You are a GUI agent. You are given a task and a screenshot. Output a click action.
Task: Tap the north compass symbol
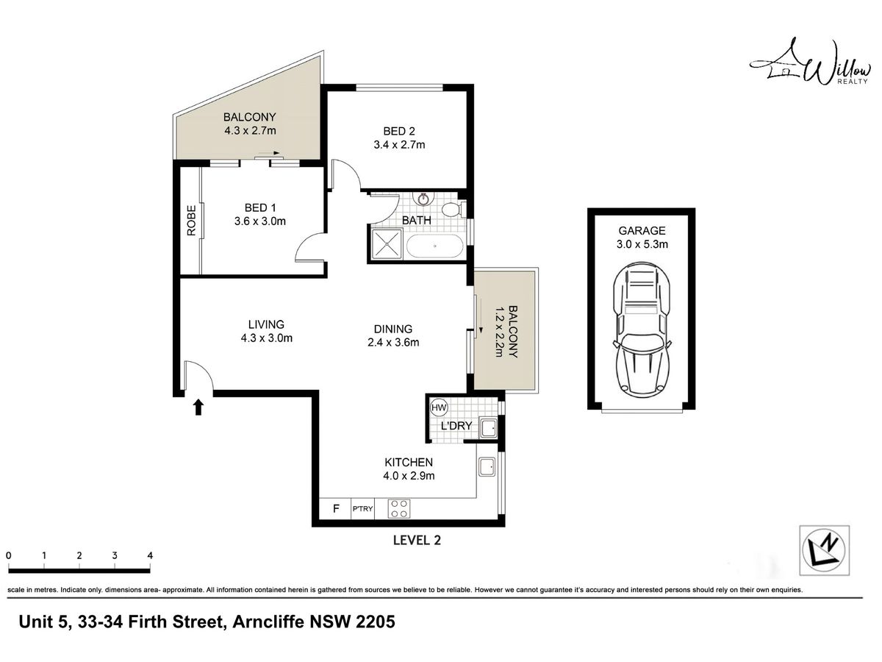824,550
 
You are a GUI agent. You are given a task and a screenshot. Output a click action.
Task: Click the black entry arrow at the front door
198,407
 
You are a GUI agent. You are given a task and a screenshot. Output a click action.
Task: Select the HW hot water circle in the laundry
439,407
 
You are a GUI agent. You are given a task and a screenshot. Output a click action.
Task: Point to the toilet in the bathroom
453,210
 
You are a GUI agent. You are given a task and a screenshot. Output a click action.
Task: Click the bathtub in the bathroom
435,246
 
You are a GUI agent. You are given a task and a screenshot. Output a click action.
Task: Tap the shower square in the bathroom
386,243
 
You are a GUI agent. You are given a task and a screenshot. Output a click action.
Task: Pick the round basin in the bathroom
423,199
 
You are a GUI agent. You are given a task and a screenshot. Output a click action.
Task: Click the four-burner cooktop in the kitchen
399,508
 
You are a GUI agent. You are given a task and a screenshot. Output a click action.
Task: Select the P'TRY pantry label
362,509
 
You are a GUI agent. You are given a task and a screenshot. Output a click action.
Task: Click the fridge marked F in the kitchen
336,508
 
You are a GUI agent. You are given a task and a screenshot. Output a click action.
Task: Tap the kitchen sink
487,466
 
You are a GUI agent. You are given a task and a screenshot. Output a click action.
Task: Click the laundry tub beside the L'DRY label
489,428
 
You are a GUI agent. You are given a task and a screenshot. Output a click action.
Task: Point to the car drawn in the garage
642,328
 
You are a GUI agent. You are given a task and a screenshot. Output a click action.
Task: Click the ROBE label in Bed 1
191,220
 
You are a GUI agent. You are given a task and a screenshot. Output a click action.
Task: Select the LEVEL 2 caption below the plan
417,540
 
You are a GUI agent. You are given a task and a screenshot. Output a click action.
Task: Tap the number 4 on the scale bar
150,555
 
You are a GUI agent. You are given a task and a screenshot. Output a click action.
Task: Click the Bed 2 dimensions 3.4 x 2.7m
399,145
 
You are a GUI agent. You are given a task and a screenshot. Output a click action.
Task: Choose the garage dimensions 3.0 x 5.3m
642,244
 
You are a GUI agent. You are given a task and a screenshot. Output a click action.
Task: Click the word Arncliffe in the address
268,622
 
